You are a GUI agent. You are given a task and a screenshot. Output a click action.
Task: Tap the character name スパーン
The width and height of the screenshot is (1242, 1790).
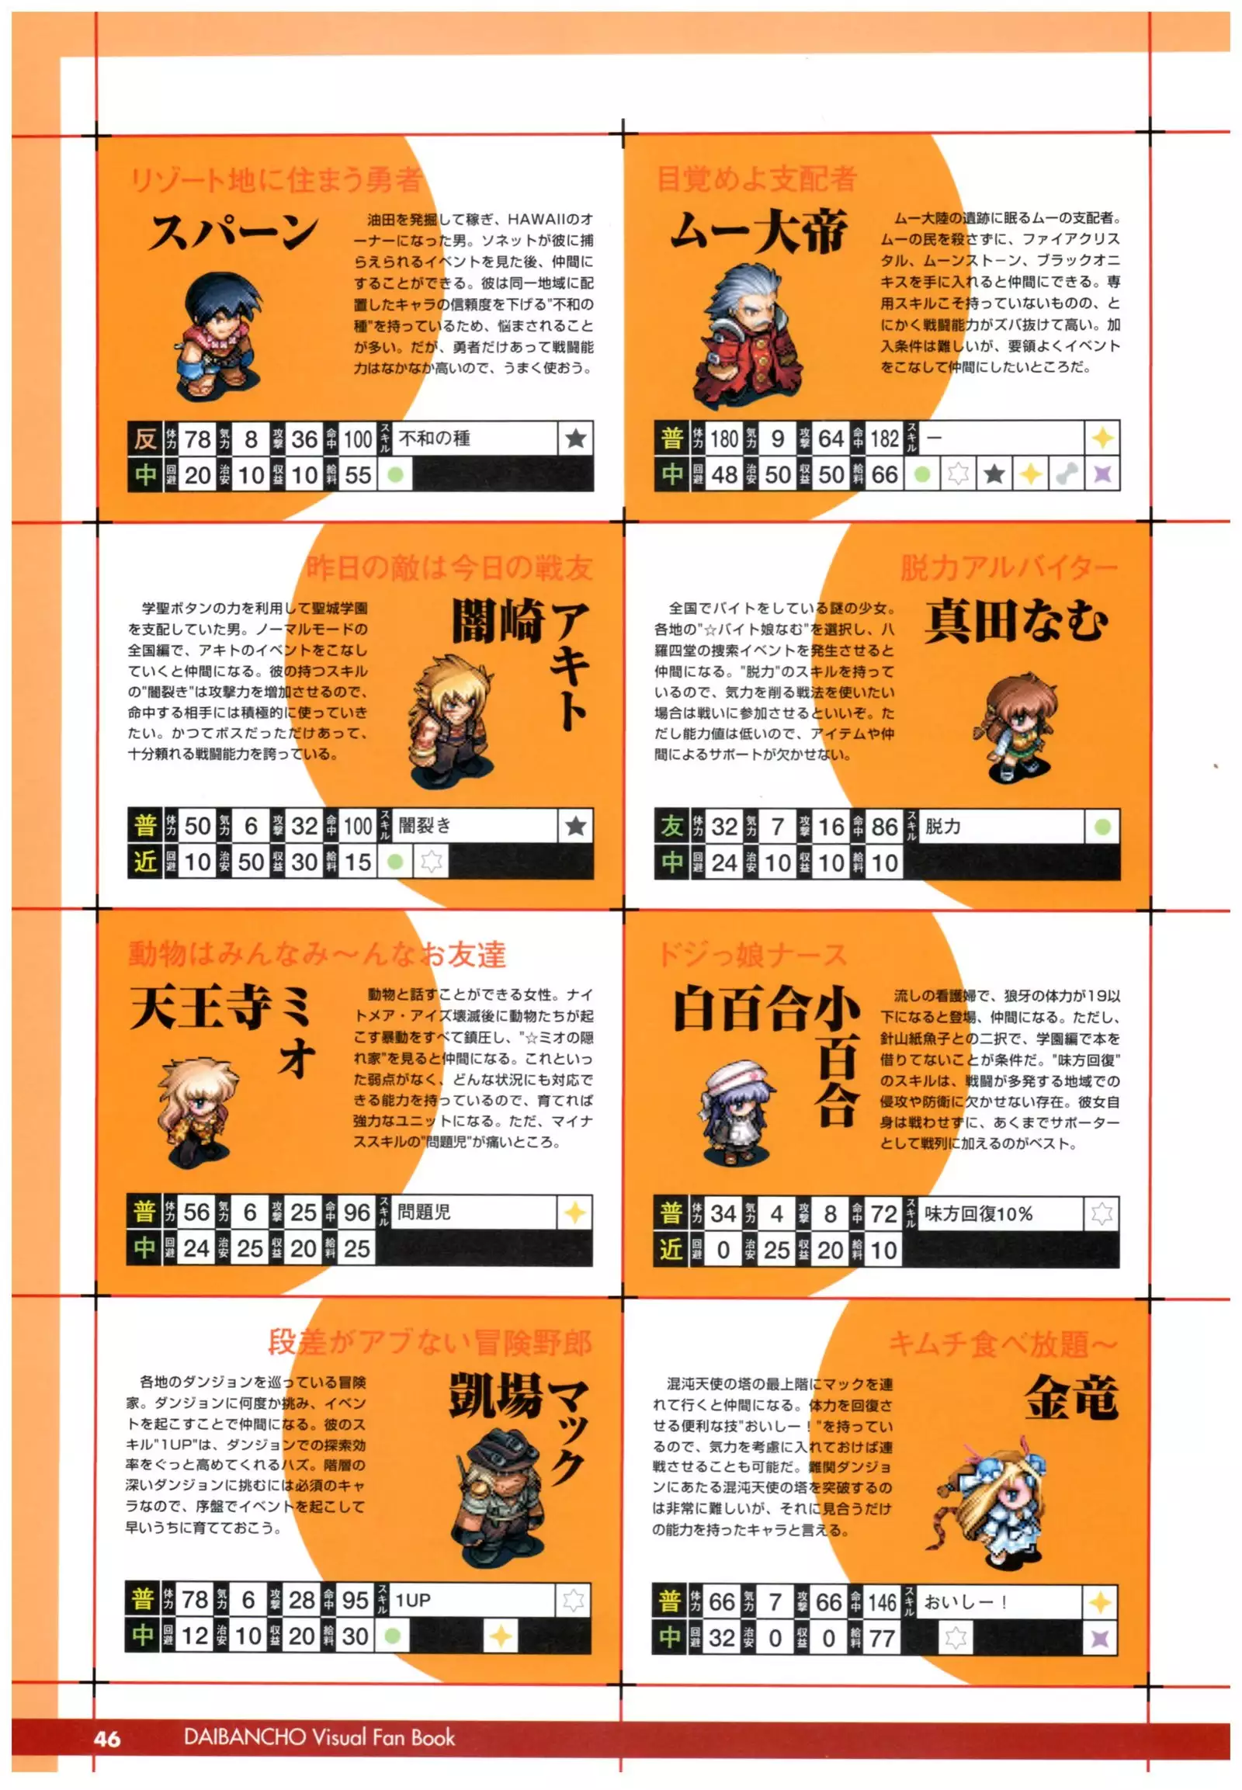point(234,232)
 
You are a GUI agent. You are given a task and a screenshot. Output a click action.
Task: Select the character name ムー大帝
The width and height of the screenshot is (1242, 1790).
point(758,232)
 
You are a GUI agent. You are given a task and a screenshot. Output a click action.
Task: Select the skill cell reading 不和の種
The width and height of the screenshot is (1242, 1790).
point(476,439)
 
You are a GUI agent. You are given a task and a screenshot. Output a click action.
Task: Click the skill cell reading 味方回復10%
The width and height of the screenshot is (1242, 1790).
point(1000,1213)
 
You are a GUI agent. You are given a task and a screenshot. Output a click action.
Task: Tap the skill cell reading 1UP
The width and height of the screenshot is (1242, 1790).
point(472,1600)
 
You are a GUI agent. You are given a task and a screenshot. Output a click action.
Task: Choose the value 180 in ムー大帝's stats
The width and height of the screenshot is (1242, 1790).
point(723,439)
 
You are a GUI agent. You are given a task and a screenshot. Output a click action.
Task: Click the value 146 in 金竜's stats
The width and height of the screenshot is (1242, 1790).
point(882,1601)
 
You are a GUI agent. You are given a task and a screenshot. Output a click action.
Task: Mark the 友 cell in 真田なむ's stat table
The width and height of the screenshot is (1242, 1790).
point(671,827)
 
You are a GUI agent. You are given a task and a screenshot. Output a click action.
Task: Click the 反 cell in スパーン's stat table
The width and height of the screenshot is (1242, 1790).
point(144,439)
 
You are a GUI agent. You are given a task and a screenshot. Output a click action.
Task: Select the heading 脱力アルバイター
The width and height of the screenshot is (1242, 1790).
point(1008,568)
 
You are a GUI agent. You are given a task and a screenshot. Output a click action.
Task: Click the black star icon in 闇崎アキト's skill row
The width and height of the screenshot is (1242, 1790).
point(576,826)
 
